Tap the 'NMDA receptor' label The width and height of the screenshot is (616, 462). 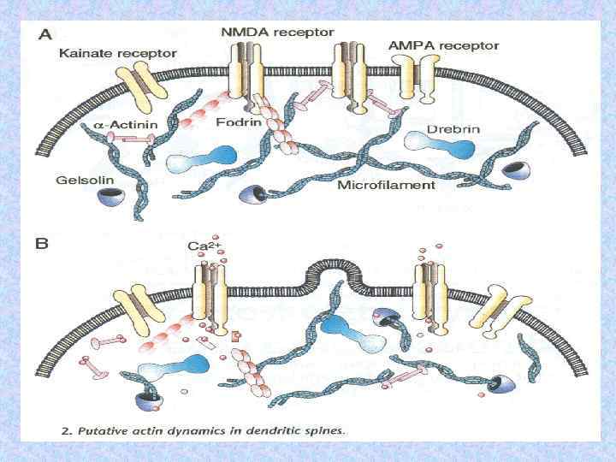[278, 32]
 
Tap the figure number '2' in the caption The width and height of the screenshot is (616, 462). [68, 429]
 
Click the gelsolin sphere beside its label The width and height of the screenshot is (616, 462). [110, 198]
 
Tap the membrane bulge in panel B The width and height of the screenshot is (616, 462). [331, 265]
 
